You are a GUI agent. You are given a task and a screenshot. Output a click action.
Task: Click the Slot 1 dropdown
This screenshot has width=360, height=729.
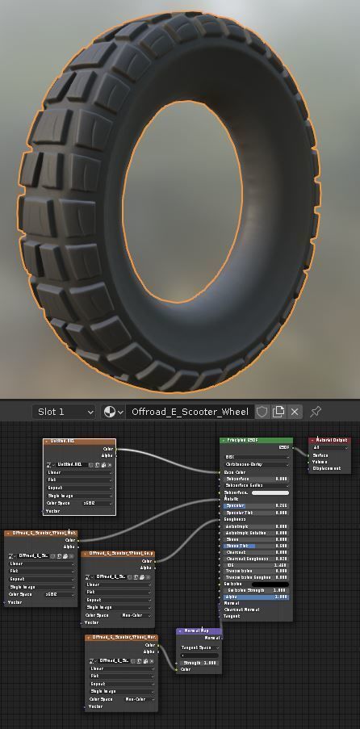click(64, 412)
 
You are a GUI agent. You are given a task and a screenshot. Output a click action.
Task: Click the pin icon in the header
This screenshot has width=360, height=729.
click(316, 412)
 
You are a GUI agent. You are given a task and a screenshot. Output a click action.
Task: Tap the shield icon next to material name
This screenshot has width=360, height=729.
click(262, 412)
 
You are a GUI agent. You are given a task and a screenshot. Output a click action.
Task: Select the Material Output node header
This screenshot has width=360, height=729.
click(330, 441)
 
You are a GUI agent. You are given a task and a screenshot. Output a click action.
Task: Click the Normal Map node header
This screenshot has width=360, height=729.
click(199, 631)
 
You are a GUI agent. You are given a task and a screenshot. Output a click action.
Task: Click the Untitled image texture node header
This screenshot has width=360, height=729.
click(79, 441)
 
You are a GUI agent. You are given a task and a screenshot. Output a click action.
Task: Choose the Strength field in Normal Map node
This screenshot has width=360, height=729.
click(199, 663)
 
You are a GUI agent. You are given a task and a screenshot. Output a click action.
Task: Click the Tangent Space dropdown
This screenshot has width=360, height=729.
click(199, 647)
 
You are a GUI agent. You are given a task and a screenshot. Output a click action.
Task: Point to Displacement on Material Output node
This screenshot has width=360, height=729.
click(328, 468)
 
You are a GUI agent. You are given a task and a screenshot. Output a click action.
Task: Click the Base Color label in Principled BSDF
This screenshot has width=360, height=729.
click(236, 472)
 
